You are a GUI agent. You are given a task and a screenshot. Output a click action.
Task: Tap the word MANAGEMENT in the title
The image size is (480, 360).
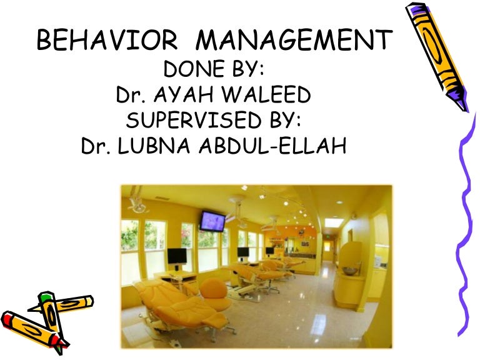coord(294,42)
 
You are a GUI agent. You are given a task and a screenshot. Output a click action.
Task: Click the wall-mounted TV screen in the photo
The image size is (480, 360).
coord(212,221)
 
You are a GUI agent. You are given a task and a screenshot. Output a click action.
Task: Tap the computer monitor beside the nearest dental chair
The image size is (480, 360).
coord(177,256)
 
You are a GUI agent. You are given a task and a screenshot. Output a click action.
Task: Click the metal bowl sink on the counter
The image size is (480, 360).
coord(350,271)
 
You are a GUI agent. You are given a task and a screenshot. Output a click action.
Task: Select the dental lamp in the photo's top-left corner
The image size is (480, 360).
coord(136,203)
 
